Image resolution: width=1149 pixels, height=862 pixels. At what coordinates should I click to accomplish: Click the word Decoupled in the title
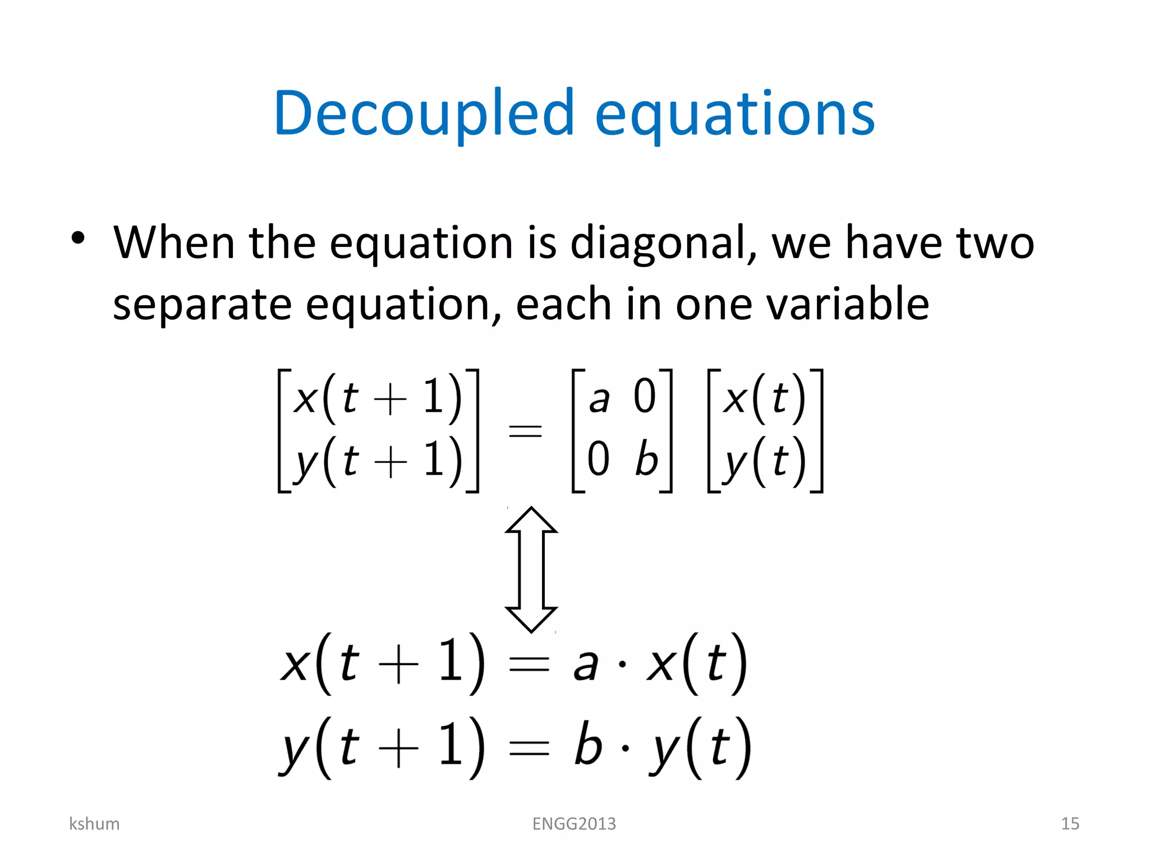click(424, 114)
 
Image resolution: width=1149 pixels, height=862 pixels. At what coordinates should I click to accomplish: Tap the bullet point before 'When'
click(78, 238)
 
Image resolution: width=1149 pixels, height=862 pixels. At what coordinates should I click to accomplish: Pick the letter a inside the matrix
click(599, 398)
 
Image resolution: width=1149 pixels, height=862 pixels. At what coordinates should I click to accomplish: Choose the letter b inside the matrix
click(646, 458)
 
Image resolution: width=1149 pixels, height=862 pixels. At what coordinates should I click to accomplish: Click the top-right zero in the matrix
click(645, 397)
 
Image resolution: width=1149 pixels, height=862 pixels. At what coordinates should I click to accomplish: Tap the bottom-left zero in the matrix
click(598, 458)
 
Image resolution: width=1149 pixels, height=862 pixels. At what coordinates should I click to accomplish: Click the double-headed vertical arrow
click(531, 569)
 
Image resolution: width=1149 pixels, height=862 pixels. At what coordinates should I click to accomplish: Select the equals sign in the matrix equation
click(525, 431)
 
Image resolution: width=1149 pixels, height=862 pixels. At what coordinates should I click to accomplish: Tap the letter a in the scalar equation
click(585, 666)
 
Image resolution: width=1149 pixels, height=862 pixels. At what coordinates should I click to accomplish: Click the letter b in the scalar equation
click(588, 745)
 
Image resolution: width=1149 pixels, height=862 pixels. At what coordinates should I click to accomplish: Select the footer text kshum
click(94, 823)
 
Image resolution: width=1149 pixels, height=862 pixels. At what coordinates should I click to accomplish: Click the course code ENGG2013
click(574, 823)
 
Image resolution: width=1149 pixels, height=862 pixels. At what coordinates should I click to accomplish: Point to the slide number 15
click(1070, 823)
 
